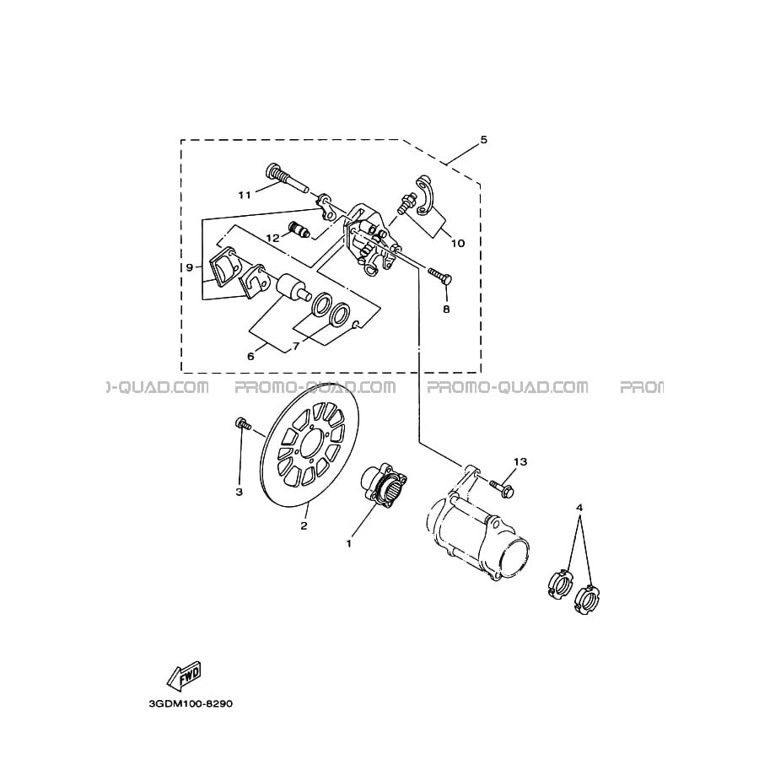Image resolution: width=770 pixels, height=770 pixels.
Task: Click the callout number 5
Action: (484, 140)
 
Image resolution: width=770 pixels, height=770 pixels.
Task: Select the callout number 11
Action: (245, 196)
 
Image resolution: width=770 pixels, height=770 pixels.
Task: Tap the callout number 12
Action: (273, 238)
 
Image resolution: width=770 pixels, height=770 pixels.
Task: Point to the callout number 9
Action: (190, 267)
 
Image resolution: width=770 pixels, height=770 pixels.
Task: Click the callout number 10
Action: (458, 243)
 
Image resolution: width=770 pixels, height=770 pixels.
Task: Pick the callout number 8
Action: (446, 310)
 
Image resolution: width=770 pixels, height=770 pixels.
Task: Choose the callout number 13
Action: (520, 461)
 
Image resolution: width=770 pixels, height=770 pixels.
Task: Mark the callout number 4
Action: (579, 507)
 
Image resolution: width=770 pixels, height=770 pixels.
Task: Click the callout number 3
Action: (240, 492)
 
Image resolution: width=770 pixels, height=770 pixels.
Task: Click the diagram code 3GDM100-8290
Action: (191, 703)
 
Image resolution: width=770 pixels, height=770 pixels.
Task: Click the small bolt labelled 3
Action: (243, 423)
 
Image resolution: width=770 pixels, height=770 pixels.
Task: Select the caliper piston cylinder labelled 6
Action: (293, 288)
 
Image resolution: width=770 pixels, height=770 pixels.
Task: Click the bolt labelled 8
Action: (440, 275)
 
